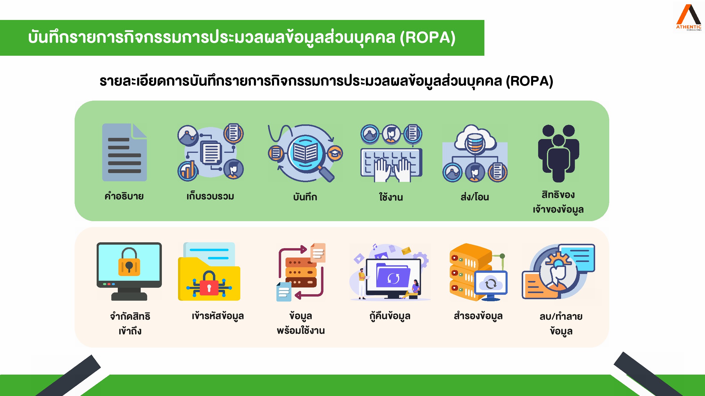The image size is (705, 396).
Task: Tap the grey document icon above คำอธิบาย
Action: point(125,152)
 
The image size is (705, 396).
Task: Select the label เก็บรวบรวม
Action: point(210,196)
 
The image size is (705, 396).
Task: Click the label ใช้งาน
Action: point(391,197)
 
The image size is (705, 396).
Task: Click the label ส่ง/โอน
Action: point(475,197)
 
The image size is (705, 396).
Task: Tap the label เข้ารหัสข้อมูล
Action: point(218,316)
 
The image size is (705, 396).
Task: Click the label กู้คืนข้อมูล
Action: point(390,316)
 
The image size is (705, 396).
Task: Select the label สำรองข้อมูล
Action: point(478,316)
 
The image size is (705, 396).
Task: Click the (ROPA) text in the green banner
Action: point(428,38)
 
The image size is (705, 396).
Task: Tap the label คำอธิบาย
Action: point(124,196)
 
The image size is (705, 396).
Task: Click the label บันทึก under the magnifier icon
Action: point(305,196)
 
